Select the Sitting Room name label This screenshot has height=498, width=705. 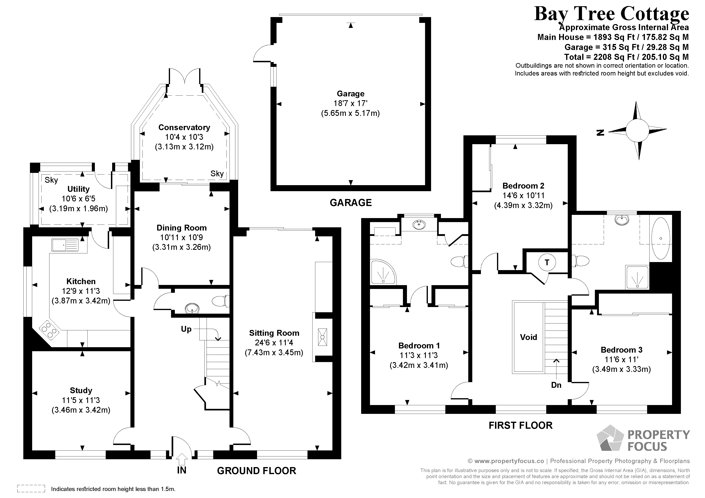274,333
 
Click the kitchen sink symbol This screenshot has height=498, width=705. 65,245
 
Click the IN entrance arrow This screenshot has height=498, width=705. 182,459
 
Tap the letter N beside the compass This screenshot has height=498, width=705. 600,133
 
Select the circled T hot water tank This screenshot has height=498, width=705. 547,262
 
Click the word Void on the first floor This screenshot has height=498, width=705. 528,337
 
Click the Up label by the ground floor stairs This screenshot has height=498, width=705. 186,330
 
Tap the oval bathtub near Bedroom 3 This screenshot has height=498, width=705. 661,239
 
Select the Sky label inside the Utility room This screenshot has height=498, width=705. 51,180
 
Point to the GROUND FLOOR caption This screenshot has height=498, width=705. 257,471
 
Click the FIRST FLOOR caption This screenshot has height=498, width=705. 521,425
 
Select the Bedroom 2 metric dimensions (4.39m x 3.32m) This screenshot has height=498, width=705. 523,205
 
